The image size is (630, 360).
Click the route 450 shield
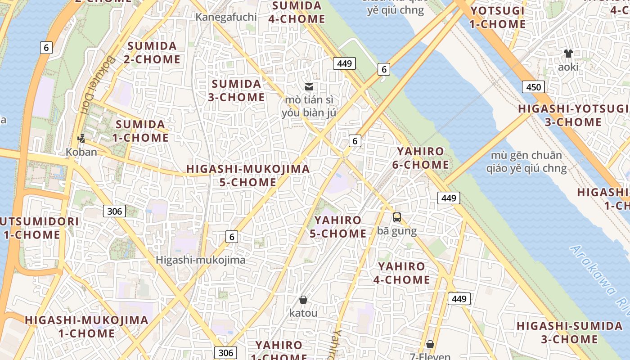[533, 87]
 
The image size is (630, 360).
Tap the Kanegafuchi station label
[226, 17]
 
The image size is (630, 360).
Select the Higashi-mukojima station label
[201, 260]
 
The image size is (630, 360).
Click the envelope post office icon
[309, 87]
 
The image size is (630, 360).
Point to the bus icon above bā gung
[396, 217]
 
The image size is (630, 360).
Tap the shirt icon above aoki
[568, 54]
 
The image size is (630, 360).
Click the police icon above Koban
[81, 138]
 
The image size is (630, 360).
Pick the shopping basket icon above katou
[303, 299]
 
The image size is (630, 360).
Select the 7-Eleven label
[430, 356]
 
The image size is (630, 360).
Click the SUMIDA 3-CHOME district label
[236, 90]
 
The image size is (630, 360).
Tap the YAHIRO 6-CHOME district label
[420, 158]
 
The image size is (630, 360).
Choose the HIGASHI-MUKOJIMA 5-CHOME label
[248, 175]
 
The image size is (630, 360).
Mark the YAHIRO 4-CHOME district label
[401, 273]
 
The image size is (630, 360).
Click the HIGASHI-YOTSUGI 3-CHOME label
[573, 115]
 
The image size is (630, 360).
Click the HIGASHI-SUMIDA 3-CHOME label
[569, 332]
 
